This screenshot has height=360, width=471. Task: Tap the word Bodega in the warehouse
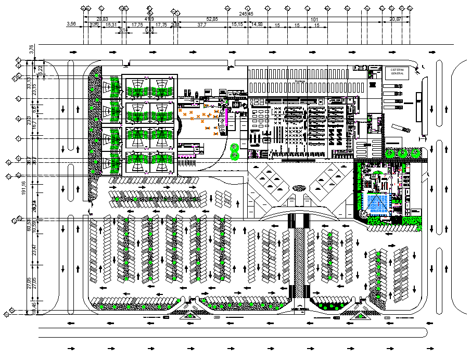(299, 82)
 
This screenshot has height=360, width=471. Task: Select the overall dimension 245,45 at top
(246, 14)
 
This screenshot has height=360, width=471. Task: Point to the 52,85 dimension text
(212, 19)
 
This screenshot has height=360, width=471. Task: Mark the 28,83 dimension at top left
(103, 19)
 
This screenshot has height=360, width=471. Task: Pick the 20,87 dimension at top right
(395, 19)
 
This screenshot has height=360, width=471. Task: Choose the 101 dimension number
(314, 19)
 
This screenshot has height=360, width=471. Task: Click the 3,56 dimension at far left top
(72, 24)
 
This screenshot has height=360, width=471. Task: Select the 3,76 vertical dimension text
(31, 50)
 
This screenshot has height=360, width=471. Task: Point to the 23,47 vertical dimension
(34, 250)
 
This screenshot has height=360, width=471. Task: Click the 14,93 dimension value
(257, 24)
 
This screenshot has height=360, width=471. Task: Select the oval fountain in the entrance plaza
(299, 188)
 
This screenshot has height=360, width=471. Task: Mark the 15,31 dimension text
(111, 24)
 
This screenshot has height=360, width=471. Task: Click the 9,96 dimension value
(94, 24)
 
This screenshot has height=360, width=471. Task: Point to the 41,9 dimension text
(149, 19)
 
